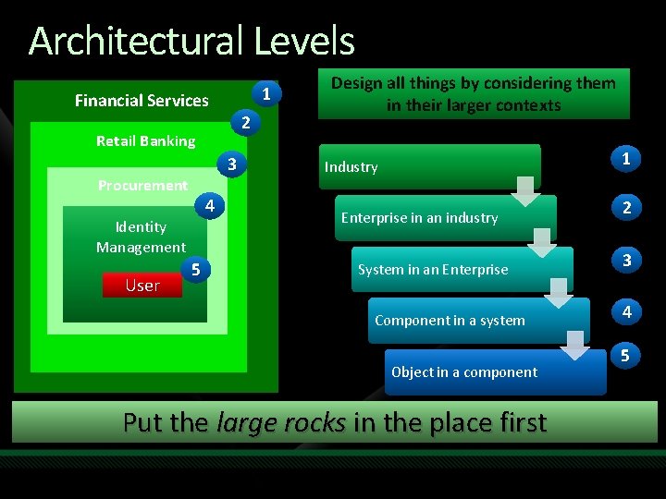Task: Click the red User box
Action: coord(142,286)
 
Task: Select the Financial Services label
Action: coord(142,101)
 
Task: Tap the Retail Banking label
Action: coord(146,141)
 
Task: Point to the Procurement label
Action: coord(142,186)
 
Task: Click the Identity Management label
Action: coord(141,237)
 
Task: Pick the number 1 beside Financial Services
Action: coord(266,94)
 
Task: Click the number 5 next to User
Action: coord(195,270)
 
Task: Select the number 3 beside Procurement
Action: coord(233,165)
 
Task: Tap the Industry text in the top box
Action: coord(351,167)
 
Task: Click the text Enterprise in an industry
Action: coord(419,218)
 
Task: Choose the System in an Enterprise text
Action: coord(432,270)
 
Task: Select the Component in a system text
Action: coord(450,321)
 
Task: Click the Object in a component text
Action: coord(463,372)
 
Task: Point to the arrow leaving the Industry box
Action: coord(525,189)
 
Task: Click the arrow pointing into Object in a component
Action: coord(574,343)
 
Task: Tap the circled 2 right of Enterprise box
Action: coord(626,208)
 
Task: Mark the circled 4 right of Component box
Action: coord(626,312)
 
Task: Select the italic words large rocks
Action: coord(280,422)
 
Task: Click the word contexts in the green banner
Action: coord(524,105)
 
